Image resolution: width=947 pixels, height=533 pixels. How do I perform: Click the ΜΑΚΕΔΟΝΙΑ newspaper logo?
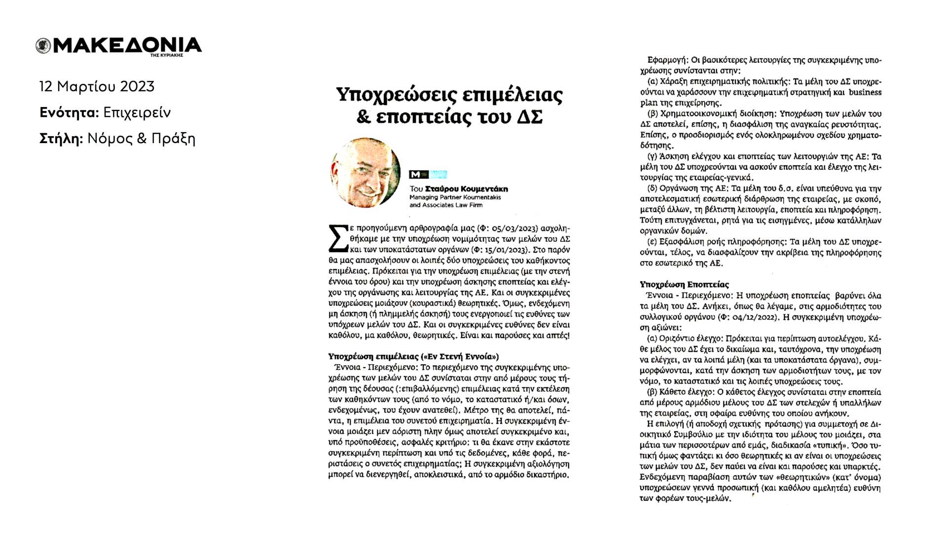point(119,46)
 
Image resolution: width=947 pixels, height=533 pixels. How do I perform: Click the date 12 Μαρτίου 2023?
point(97,87)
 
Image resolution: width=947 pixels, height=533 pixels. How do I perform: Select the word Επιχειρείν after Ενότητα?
point(137,113)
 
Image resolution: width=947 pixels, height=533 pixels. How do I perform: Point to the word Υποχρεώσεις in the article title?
point(396,94)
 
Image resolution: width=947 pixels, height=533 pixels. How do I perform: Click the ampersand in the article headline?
point(363,117)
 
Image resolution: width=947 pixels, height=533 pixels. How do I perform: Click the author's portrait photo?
point(365,173)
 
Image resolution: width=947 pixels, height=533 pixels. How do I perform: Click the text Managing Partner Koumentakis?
point(455,197)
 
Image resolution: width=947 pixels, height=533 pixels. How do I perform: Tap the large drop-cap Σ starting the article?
point(338,238)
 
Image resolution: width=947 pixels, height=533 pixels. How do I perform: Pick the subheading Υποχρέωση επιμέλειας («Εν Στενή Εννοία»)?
point(413,356)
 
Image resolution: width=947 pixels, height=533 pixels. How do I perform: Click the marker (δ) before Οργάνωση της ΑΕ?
point(652,189)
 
